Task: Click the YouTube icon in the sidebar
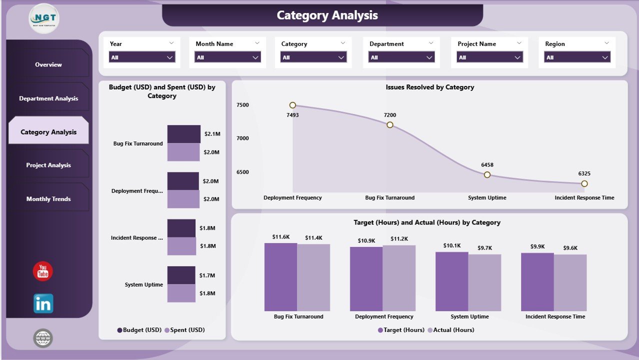pyautogui.click(x=43, y=271)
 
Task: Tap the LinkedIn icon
pyautogui.click(x=43, y=303)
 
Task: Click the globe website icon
pyautogui.click(x=43, y=338)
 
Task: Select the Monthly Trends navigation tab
pyautogui.click(x=48, y=199)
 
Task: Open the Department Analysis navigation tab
pyautogui.click(x=48, y=98)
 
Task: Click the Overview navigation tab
pyautogui.click(x=48, y=64)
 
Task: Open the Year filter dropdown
pyautogui.click(x=142, y=57)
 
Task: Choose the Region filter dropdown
pyautogui.click(x=577, y=57)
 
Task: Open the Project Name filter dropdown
pyautogui.click(x=489, y=57)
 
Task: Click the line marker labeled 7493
pyautogui.click(x=292, y=105)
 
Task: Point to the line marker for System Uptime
pyautogui.click(x=487, y=174)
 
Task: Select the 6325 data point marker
pyautogui.click(x=584, y=183)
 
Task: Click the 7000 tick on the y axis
pyautogui.click(x=242, y=138)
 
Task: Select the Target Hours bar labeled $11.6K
pyautogui.click(x=280, y=277)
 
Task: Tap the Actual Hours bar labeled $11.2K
pyautogui.click(x=399, y=278)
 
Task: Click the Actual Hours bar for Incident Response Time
pyautogui.click(x=570, y=282)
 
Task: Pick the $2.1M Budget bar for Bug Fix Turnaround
pyautogui.click(x=183, y=134)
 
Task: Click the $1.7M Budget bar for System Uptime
pyautogui.click(x=181, y=275)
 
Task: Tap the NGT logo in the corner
pyautogui.click(x=44, y=18)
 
